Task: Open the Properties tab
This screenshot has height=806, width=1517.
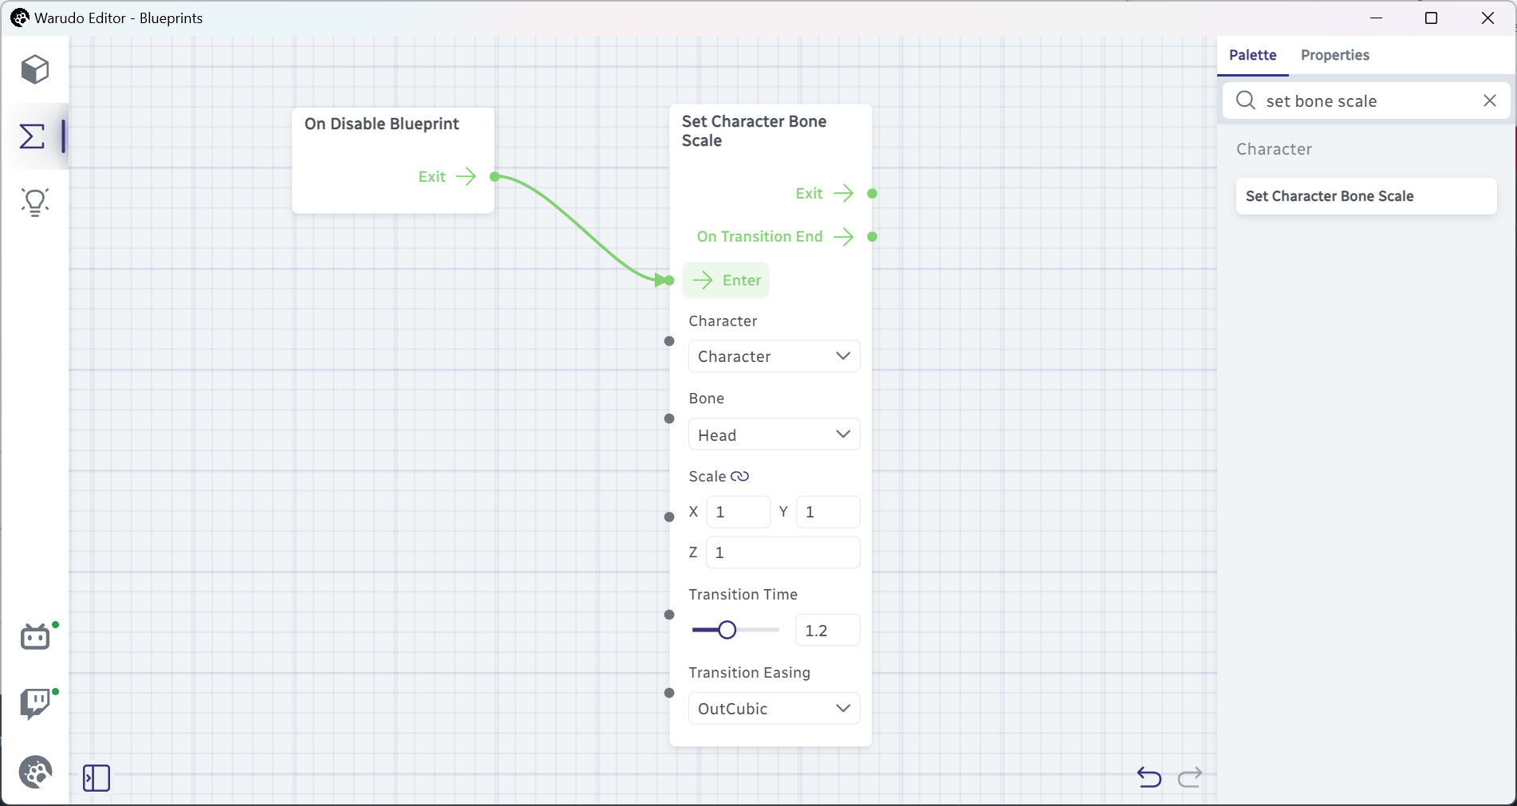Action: [1334, 55]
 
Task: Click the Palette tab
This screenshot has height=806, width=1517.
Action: [1252, 55]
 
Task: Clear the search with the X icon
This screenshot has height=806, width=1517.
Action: [1489, 100]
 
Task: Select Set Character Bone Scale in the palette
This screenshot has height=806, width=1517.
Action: [1365, 196]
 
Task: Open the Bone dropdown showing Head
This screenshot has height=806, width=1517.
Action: [774, 434]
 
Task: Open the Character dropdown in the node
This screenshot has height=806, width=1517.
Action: [774, 356]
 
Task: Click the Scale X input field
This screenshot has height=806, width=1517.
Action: [739, 512]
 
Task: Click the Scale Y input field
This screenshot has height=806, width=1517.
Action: [828, 512]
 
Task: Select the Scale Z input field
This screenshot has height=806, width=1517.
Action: [782, 552]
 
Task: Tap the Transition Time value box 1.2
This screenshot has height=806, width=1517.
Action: [828, 631]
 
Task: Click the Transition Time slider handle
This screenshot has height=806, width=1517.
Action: [727, 630]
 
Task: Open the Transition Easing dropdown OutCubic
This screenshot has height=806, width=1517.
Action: [774, 708]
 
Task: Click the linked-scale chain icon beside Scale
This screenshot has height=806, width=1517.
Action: [740, 476]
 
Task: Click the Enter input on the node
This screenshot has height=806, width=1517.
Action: [726, 280]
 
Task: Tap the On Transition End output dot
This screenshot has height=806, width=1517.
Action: [873, 237]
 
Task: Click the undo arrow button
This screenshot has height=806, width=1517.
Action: [1149, 777]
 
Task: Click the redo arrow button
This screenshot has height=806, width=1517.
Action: [1190, 777]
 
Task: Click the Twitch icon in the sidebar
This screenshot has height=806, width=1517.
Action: [35, 704]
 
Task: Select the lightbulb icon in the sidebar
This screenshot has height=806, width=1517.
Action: [35, 202]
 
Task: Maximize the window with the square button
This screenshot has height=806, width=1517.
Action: [1431, 18]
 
